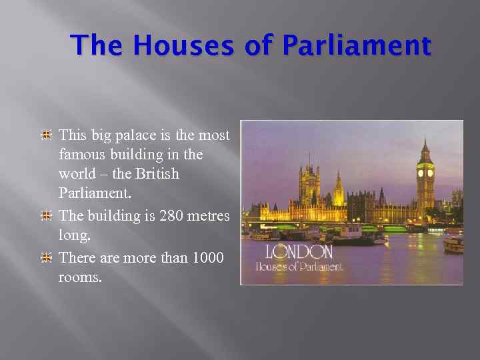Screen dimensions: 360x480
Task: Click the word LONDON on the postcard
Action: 299,252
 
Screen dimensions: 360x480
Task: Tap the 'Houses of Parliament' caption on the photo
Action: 299,267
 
